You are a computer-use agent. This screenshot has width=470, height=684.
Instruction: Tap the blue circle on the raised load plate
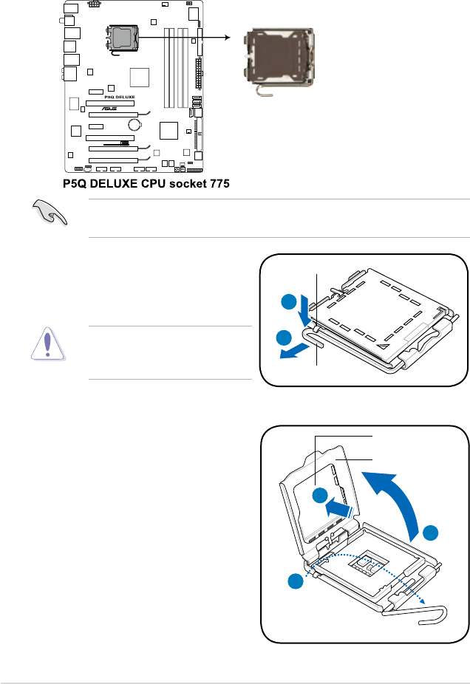point(321,495)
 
